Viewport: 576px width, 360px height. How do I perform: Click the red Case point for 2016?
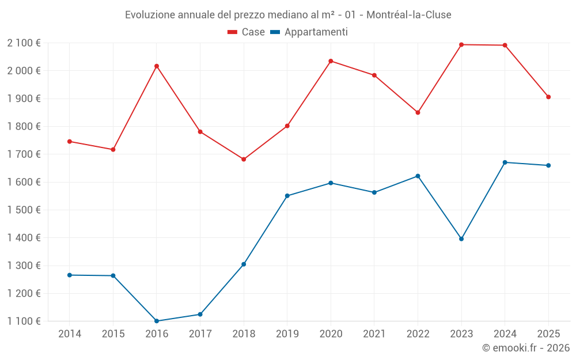pos(157,66)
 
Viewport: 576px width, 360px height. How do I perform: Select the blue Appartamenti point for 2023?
pos(461,238)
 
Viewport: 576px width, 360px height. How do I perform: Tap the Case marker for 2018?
pos(244,159)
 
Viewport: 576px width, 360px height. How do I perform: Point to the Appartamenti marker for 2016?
pos(157,321)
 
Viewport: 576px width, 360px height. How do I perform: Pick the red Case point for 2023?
pos(461,44)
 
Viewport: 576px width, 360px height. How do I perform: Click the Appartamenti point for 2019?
pos(287,196)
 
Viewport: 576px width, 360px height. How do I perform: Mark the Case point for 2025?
pos(548,97)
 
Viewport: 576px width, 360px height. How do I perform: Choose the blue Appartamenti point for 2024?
pos(505,162)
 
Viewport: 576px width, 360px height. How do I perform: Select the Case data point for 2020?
pos(331,61)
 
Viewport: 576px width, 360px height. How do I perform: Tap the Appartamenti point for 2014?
pos(70,275)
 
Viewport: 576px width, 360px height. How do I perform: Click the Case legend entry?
pos(247,32)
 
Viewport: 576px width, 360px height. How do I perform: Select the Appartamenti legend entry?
pos(309,32)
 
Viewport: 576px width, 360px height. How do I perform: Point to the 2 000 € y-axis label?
pos(24,71)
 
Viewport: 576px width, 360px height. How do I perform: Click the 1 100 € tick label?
pos(24,321)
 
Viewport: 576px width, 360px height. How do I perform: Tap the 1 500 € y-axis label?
pos(24,210)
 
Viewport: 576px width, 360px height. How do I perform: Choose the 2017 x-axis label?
pos(200,334)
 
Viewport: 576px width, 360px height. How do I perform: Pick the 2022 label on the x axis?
pos(418,334)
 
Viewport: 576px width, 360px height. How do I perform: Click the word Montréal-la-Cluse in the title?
pos(409,14)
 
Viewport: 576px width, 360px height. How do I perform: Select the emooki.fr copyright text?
pos(526,348)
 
